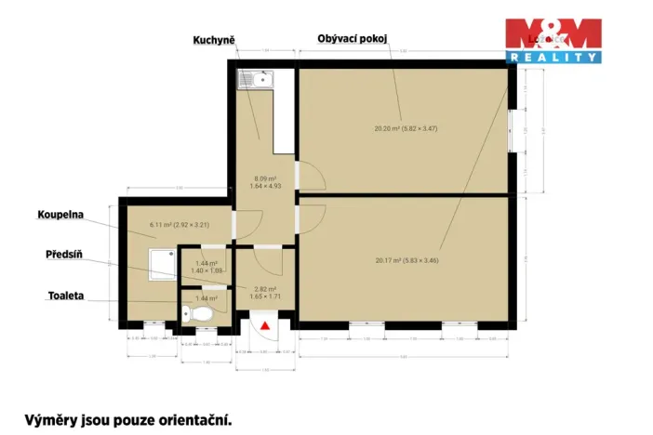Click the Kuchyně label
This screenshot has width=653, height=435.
click(214, 40)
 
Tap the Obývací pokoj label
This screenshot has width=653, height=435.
click(352, 38)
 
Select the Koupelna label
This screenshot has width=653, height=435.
click(60, 214)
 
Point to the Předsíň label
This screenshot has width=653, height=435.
click(65, 254)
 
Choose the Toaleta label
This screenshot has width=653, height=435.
click(66, 296)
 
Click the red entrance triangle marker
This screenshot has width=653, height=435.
click(265, 325)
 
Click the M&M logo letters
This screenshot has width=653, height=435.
click(553, 35)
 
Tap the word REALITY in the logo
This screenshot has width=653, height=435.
click(553, 58)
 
